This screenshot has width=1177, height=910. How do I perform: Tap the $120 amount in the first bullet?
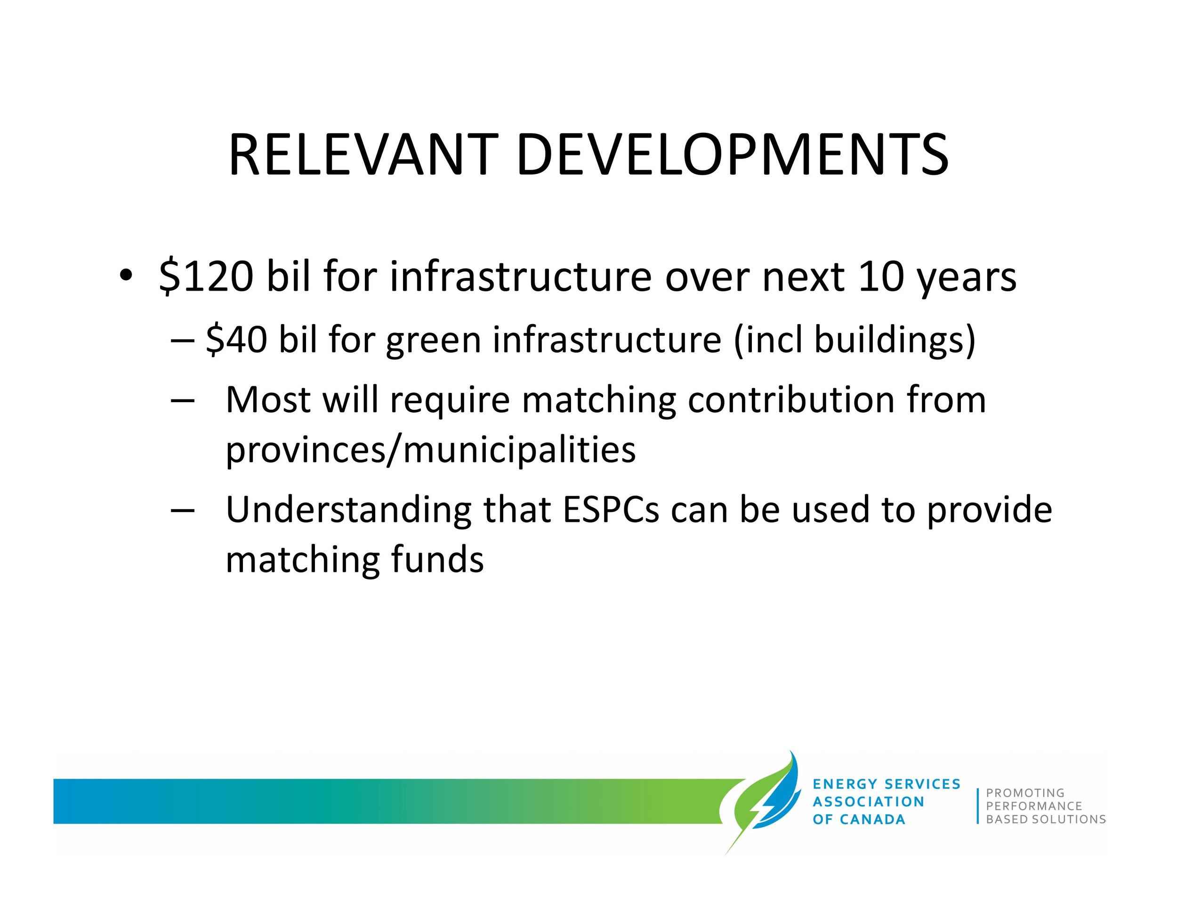(x=206, y=276)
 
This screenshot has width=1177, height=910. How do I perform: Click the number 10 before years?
(x=880, y=276)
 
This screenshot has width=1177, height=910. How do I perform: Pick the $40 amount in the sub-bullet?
(x=236, y=340)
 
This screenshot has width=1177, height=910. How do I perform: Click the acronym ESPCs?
(x=611, y=510)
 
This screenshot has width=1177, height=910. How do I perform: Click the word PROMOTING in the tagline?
(x=1025, y=793)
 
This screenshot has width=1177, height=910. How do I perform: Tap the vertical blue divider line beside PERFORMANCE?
(x=977, y=806)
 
